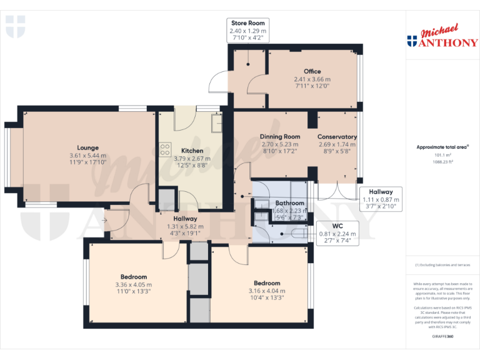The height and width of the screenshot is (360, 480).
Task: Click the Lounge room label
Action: pos(87,147)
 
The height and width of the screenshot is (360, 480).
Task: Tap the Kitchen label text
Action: pos(192,151)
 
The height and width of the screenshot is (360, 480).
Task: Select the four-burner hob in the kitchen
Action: pos(166,149)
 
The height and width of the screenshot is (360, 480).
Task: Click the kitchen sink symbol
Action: pos(216,123)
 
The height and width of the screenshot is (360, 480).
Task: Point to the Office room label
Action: pos(312,71)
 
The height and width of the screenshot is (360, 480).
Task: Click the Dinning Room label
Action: pos(280,136)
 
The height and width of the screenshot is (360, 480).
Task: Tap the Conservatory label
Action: pos(337,136)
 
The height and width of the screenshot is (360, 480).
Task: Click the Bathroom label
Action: pos(290,203)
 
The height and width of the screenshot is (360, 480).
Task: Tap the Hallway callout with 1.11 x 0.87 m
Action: pos(381,199)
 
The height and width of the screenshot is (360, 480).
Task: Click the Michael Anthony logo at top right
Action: pos(442,37)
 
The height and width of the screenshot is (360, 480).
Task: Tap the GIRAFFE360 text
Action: pos(443,336)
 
